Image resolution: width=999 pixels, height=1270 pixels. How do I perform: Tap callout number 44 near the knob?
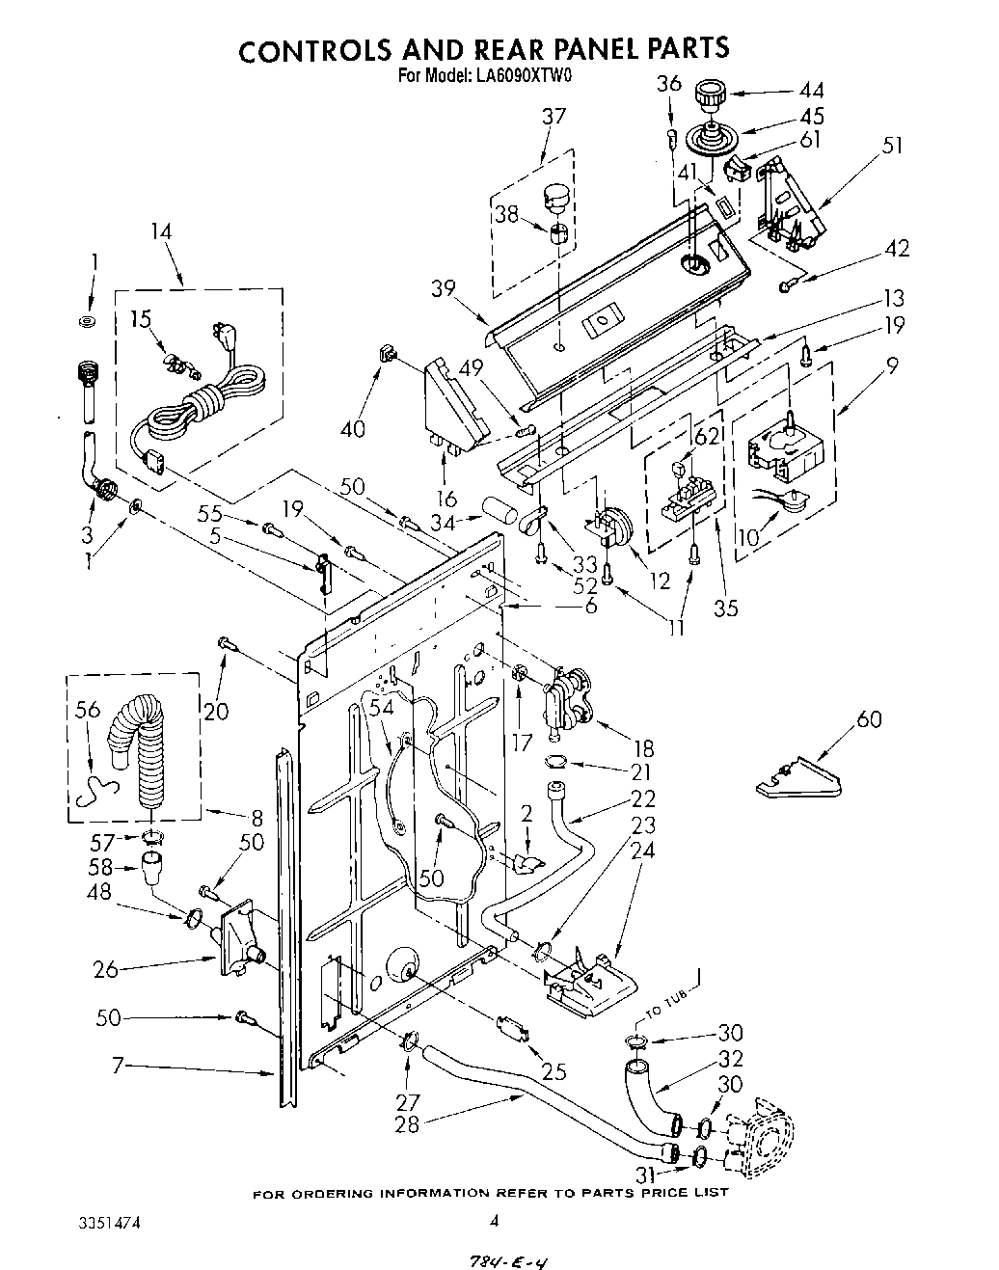812,91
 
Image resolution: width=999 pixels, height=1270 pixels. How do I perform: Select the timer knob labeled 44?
712,97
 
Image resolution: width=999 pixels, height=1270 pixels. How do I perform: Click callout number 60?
868,720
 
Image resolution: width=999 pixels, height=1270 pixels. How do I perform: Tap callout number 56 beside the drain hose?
87,710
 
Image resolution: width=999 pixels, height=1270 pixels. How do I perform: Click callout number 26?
106,968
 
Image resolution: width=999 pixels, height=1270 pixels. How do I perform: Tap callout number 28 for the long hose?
410,1122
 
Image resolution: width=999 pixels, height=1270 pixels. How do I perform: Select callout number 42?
896,249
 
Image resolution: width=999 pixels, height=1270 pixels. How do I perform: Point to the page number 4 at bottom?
494,1220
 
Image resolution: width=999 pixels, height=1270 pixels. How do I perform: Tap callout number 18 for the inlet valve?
643,748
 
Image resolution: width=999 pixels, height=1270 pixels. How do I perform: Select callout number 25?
553,1070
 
